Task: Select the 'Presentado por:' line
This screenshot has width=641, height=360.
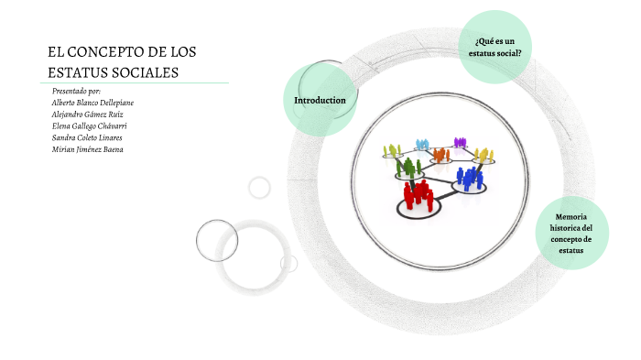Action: coord(76,92)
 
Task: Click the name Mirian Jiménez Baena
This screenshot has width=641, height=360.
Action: coord(88,148)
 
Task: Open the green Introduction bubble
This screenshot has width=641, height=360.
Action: coord(320,100)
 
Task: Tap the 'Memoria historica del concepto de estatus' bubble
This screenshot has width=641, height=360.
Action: coord(572,233)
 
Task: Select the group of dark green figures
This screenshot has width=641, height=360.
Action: coord(409,166)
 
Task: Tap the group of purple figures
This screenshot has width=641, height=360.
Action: coord(459,141)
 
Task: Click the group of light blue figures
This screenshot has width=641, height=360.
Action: coord(422,144)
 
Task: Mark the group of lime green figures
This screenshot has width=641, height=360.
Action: coord(394,149)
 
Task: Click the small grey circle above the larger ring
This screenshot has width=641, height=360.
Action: coord(260,187)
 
